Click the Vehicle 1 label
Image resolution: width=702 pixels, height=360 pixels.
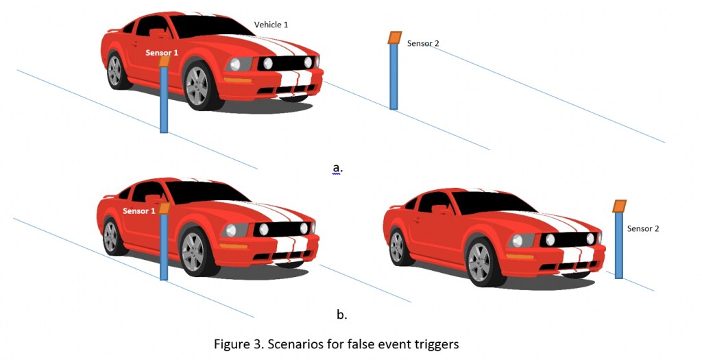[x=271, y=25]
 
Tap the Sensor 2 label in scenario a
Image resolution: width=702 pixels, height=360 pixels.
[x=423, y=44]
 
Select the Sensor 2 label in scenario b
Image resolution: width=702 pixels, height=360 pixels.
[x=643, y=229]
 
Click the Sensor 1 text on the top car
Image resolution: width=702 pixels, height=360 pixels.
[x=162, y=53]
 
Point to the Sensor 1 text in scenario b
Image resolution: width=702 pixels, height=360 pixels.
[x=139, y=211]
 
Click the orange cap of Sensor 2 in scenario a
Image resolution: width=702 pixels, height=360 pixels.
[x=394, y=38]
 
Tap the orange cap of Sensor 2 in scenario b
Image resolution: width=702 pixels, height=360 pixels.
[x=619, y=206]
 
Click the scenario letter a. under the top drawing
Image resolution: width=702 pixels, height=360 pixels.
[x=337, y=167]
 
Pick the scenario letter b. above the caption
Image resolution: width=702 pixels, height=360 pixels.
[x=341, y=315]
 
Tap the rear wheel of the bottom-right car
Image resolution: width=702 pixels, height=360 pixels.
[x=397, y=246]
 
